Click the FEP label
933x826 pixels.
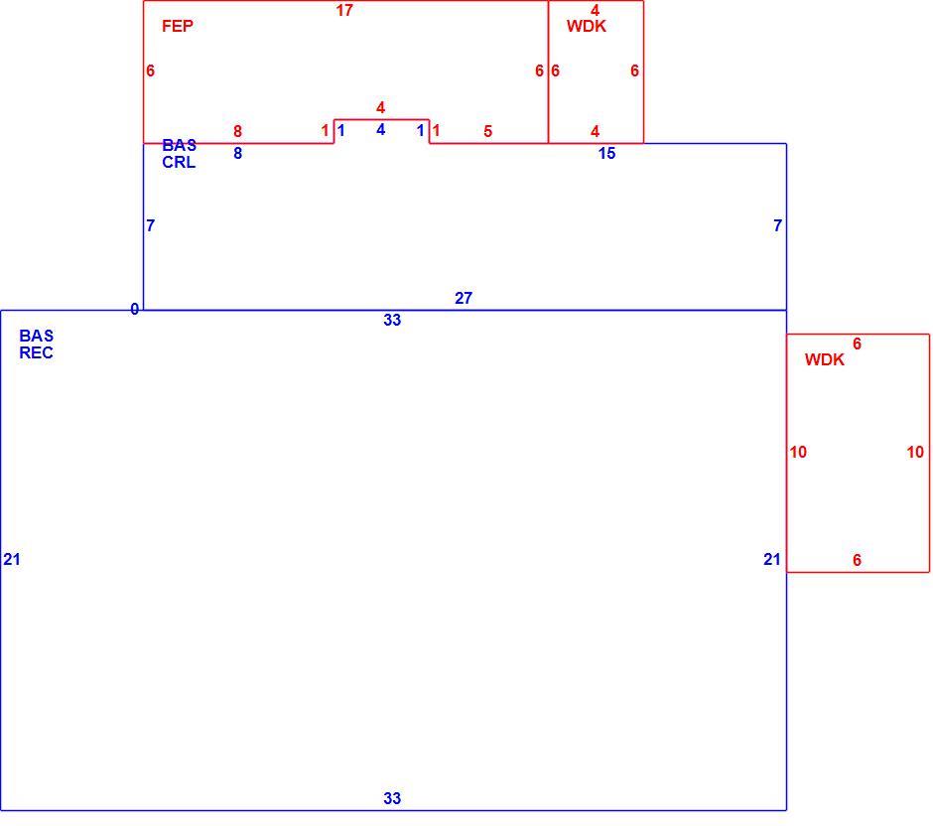[178, 26]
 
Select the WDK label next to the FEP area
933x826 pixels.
[586, 26]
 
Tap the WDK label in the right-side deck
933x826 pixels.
[824, 359]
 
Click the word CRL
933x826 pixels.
[179, 162]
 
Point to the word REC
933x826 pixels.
[37, 352]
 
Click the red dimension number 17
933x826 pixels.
[344, 10]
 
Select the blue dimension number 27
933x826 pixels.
[464, 298]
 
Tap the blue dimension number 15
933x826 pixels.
[606, 153]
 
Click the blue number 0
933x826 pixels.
[134, 309]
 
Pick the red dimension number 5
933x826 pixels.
[488, 131]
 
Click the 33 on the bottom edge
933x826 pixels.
[392, 798]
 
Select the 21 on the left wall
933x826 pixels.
[12, 559]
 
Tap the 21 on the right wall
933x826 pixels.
[772, 559]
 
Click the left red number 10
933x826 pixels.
[798, 452]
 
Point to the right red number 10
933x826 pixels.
[915, 452]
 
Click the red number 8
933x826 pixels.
[237, 131]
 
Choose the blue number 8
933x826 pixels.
[237, 153]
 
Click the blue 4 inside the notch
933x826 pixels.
[381, 129]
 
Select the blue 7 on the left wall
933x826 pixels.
[151, 225]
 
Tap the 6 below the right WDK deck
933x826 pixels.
[857, 559]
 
